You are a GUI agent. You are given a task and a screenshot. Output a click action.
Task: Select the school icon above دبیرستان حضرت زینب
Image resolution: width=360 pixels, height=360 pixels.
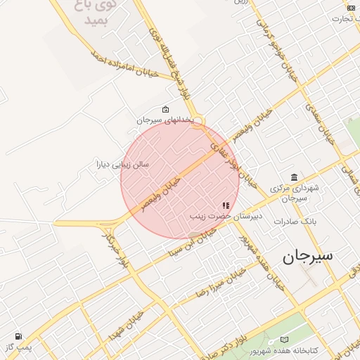click(x=226, y=205)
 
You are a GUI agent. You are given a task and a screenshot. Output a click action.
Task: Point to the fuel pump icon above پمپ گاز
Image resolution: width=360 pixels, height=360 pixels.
click(x=18, y=337)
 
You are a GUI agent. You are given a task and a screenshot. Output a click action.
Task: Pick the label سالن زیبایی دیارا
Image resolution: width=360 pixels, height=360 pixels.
click(x=122, y=165)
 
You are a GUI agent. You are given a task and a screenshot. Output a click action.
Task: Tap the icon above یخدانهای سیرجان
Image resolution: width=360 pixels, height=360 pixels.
click(x=165, y=110)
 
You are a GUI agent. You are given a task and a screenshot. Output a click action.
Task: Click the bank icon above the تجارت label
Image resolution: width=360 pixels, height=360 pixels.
click(x=351, y=8)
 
